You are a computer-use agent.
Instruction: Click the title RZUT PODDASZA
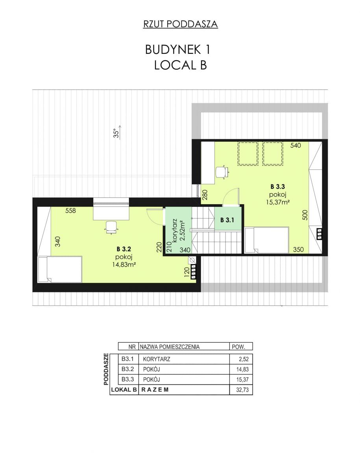(181, 24)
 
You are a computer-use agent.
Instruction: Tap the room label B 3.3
(278, 186)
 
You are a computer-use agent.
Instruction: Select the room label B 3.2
(124, 249)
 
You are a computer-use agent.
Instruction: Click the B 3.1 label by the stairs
(227, 220)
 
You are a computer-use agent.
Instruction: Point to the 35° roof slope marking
(117, 132)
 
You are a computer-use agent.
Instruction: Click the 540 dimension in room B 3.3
(295, 146)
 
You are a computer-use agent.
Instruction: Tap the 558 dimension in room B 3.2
(70, 210)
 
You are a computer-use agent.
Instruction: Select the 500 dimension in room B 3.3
(305, 215)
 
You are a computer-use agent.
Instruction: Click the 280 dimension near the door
(205, 195)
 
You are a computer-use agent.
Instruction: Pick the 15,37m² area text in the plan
(278, 202)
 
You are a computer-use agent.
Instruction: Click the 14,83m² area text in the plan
(124, 264)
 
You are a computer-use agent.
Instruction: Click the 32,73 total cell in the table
(242, 390)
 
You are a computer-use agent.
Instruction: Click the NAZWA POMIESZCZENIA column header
(170, 347)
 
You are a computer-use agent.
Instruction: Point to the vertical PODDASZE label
(106, 369)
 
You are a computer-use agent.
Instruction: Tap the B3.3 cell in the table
(128, 379)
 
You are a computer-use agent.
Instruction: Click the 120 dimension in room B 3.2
(186, 272)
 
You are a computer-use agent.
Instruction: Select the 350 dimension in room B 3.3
(299, 249)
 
